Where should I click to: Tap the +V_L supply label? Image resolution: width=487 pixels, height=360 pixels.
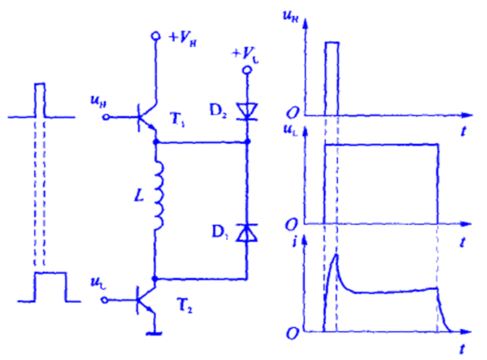tap(247, 53)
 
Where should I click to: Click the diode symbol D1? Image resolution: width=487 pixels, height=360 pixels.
tap(247, 233)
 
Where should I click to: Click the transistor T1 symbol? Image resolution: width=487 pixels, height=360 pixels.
tap(147, 116)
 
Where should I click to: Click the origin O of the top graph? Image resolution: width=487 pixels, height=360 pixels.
tap(293, 113)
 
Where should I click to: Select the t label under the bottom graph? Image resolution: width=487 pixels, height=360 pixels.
tap(461, 350)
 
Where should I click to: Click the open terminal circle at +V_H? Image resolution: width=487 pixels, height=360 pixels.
tap(155, 35)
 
